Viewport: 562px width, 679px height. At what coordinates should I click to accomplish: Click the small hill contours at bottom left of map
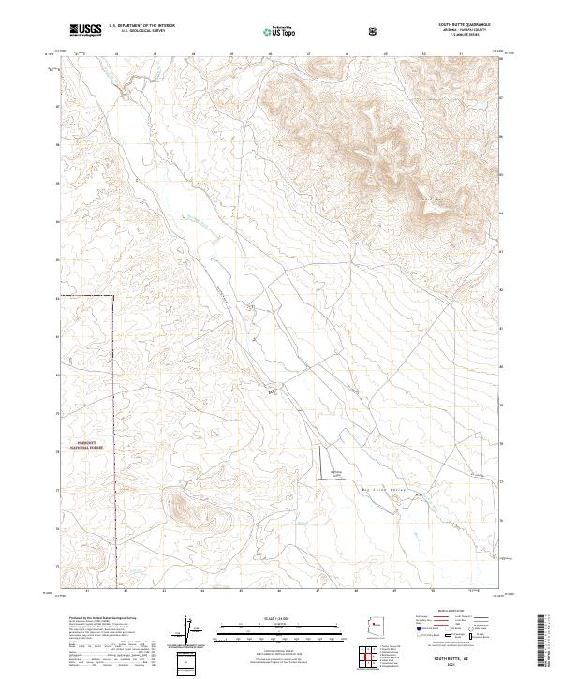pyautogui.click(x=185, y=509)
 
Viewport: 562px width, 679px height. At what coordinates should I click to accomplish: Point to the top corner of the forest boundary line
pyautogui.click(x=114, y=296)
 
